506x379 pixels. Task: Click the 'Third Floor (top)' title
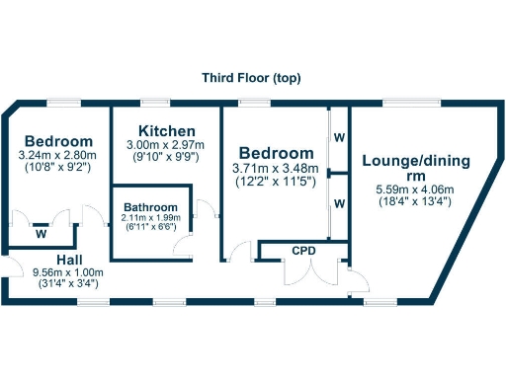[252, 78]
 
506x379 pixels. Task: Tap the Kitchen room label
[166, 131]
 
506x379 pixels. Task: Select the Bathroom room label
[151, 206]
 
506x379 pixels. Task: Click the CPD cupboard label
[303, 251]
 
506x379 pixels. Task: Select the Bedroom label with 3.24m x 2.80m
[59, 141]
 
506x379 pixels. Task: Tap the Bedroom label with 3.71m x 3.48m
[276, 154]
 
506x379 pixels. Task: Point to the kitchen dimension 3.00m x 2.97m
[166, 145]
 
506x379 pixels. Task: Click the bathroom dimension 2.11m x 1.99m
[151, 217]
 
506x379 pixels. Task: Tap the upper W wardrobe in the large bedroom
[339, 137]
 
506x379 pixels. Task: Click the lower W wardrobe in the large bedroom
[339, 203]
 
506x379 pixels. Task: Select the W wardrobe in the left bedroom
[41, 235]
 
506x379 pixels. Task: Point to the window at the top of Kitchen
[153, 102]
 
